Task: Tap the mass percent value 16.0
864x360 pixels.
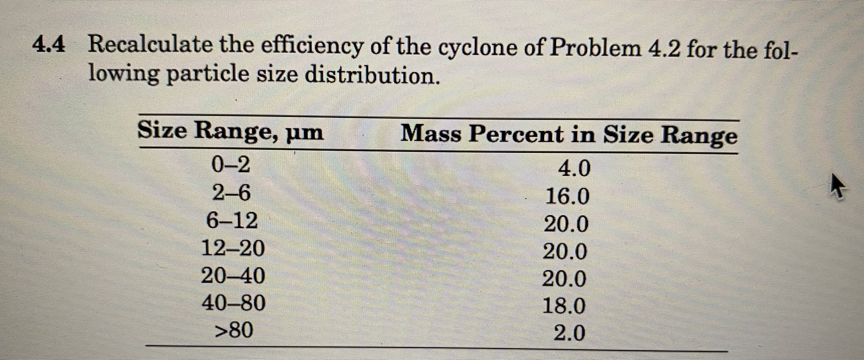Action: point(567,196)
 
